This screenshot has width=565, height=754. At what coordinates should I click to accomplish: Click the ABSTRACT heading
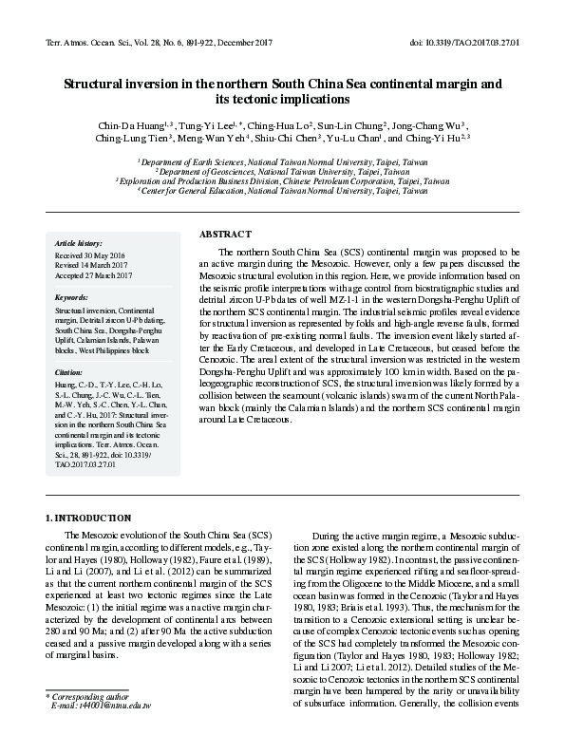click(x=225, y=234)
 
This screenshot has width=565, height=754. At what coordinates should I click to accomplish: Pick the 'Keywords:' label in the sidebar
click(x=71, y=297)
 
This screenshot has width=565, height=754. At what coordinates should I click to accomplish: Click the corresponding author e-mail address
click(x=102, y=707)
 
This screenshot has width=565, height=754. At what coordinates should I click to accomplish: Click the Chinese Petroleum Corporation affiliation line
click(x=282, y=180)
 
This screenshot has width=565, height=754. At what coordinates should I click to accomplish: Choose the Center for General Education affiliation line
click(x=282, y=190)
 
